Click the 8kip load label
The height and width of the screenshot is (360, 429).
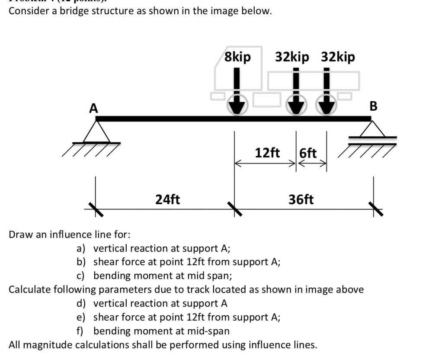pyautogui.click(x=237, y=57)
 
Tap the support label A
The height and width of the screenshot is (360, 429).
pyautogui.click(x=93, y=108)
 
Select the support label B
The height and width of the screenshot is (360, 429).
pyautogui.click(x=373, y=106)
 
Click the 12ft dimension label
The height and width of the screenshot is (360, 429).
pyautogui.click(x=267, y=153)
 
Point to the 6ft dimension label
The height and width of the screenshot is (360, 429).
pyautogui.click(x=308, y=153)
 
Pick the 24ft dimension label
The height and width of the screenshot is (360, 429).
pyautogui.click(x=168, y=199)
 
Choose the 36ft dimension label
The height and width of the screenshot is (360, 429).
pyautogui.click(x=301, y=199)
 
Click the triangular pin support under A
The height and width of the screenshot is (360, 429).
pyautogui.click(x=96, y=132)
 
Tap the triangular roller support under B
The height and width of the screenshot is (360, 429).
pyautogui.click(x=372, y=129)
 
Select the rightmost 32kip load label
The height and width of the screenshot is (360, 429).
pyautogui.click(x=338, y=57)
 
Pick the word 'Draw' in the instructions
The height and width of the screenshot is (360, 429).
pyautogui.click(x=20, y=235)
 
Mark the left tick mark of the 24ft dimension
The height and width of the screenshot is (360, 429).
pyautogui.click(x=96, y=209)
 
